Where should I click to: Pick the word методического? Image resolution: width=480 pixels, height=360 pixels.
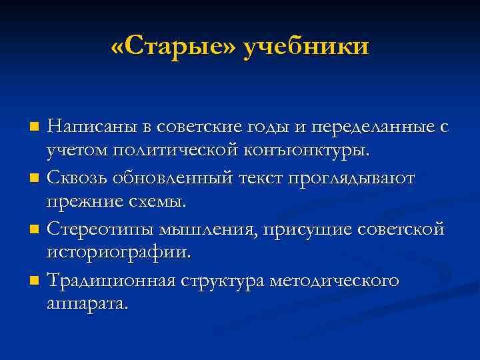click(334, 280)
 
